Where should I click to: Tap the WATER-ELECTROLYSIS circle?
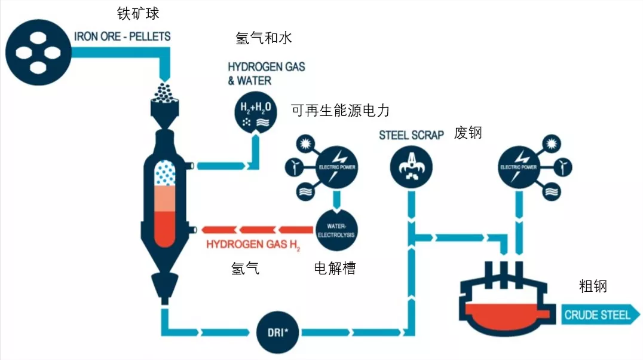pos(336,230)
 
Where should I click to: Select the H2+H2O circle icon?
pos(256,111)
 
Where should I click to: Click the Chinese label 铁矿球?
pos(138,13)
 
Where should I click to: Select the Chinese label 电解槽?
pos(335,269)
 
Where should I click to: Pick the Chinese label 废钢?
pos(468,133)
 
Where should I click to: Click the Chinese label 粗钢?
pos(593,286)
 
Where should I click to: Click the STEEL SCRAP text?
pos(411,135)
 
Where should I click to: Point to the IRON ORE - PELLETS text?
pos(123,36)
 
